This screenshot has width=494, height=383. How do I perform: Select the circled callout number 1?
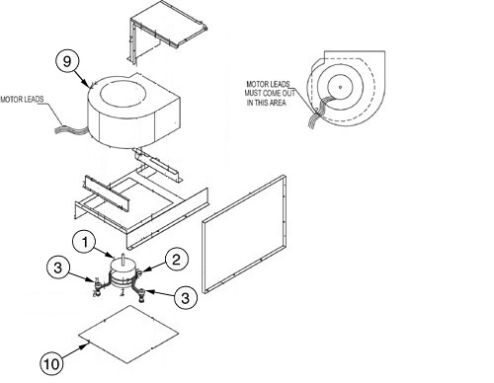(x=88, y=240)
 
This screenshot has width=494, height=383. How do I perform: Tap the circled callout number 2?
(x=175, y=259)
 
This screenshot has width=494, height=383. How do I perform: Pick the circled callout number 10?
(x=51, y=361)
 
